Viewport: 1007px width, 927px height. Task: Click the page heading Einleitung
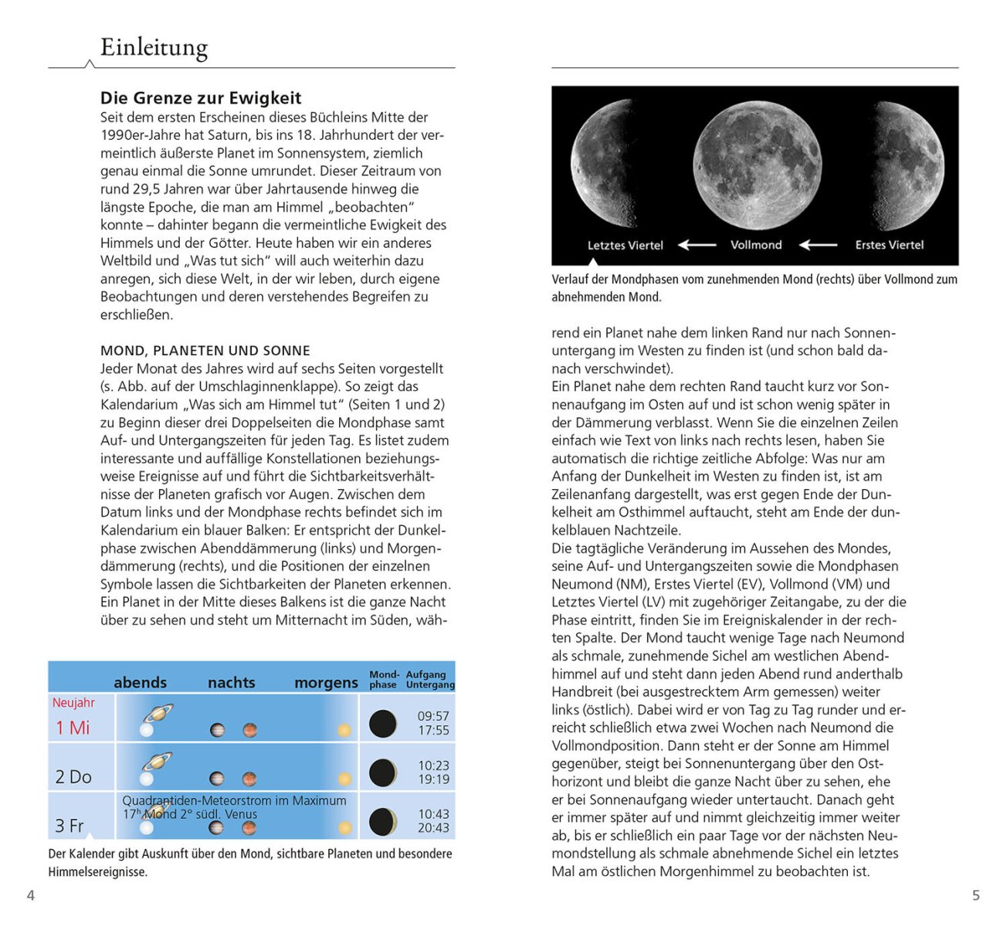point(154,48)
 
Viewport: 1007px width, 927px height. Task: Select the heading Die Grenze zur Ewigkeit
point(201,98)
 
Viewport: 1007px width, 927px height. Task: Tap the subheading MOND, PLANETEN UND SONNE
point(205,351)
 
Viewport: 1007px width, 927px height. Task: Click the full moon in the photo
point(757,165)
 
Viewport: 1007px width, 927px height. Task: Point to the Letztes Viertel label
point(625,246)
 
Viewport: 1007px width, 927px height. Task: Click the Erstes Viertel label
point(889,245)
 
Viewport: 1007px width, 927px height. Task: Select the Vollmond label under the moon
point(756,245)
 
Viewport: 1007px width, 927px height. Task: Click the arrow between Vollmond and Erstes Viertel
point(818,245)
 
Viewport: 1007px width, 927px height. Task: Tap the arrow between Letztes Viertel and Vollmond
point(697,245)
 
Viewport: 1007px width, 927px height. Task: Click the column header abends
point(140,683)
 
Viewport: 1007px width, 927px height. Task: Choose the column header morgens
point(326,683)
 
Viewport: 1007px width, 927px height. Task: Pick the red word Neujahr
point(73,703)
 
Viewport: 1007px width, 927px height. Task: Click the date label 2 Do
point(73,777)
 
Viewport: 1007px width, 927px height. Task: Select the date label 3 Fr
point(70,826)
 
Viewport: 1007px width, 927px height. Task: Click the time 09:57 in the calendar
point(433,716)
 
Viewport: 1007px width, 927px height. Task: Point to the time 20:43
point(433,827)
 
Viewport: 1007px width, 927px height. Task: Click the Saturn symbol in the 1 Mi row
point(158,713)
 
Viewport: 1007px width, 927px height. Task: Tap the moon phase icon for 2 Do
point(383,772)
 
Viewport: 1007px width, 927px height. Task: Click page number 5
point(975,895)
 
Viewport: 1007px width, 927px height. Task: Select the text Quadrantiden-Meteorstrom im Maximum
point(234,801)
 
